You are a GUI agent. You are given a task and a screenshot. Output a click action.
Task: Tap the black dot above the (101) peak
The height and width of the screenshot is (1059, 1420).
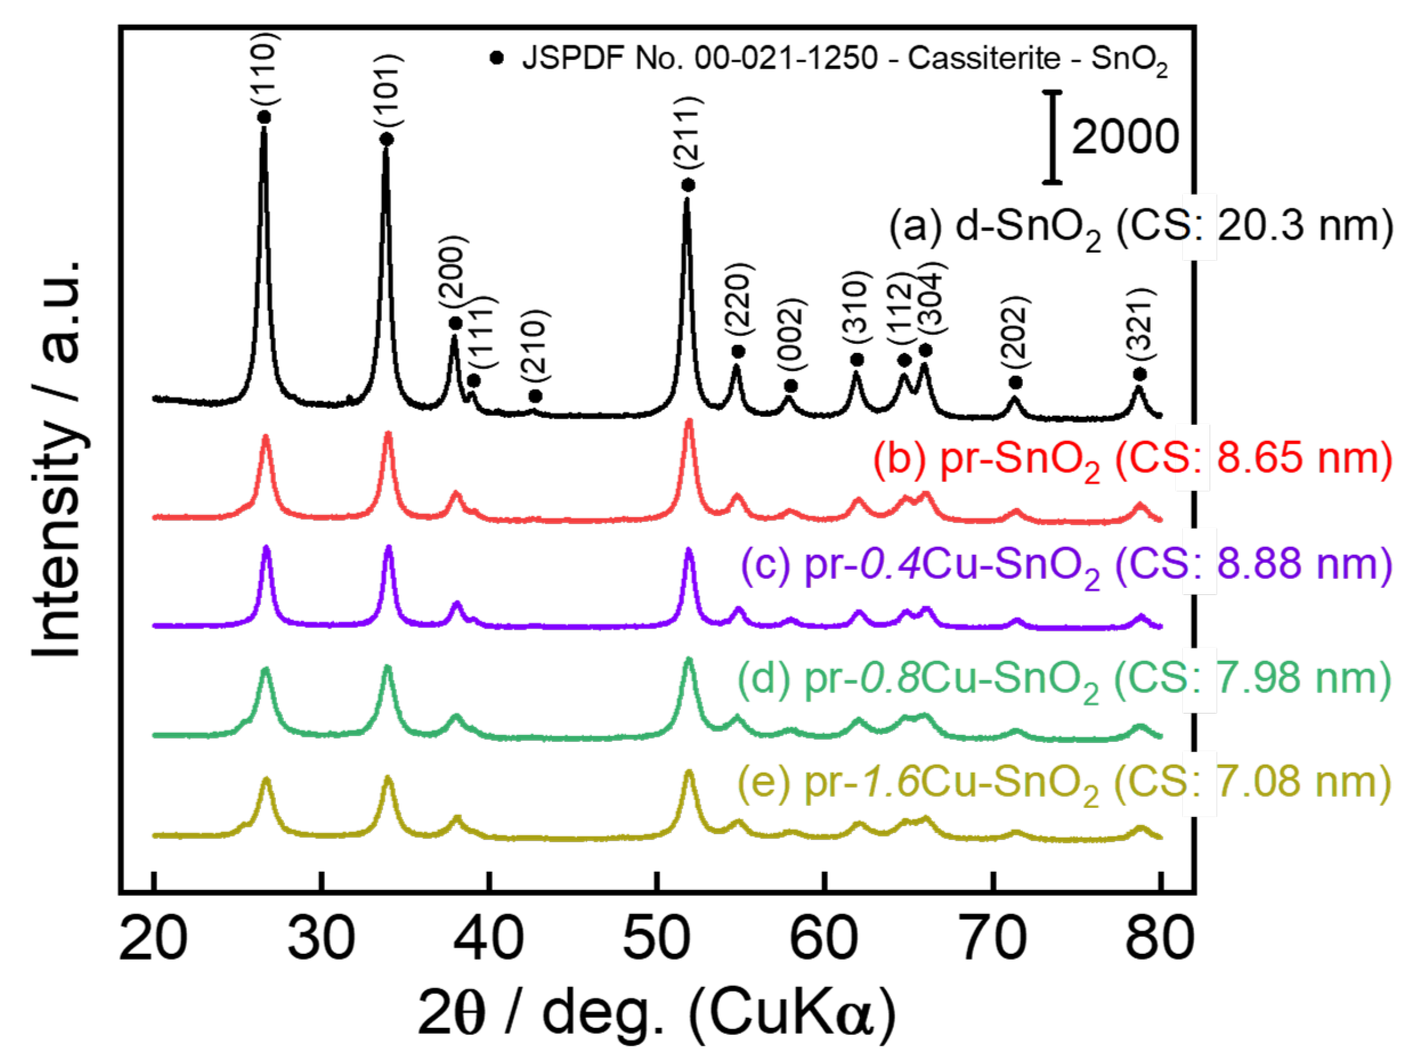pyautogui.click(x=386, y=139)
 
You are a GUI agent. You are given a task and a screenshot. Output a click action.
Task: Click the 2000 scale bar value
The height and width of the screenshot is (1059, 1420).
pyautogui.click(x=1125, y=137)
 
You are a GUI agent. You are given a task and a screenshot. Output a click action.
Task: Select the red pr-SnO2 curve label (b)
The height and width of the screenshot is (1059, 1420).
pyautogui.click(x=1131, y=460)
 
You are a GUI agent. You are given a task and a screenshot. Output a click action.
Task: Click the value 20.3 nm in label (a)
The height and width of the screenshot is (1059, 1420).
pyautogui.click(x=1305, y=227)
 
